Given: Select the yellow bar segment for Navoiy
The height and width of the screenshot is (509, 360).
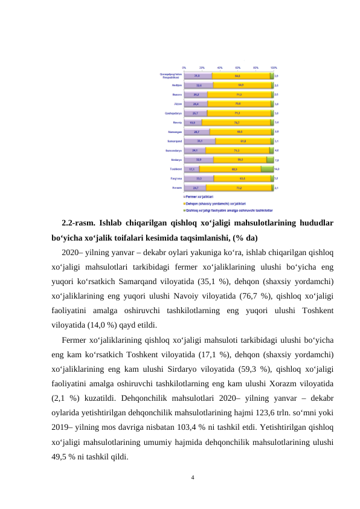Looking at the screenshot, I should pos(236,122).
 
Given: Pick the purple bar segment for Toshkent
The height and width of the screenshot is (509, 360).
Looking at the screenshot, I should pos(191,169).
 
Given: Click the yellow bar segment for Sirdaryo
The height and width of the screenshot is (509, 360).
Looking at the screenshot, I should pos(240,160).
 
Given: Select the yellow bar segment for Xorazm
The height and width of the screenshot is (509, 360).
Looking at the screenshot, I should pos(239,188).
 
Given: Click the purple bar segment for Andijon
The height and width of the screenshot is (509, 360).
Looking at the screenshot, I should pos(198,85).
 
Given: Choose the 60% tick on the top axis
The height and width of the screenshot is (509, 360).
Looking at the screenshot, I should pos(238,67).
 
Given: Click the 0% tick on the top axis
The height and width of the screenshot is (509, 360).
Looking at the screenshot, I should pos(184,67).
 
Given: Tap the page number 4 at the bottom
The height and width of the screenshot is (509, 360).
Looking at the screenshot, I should pos(192,478).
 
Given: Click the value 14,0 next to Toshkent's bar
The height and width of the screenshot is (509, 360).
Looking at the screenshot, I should pos(277,169).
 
